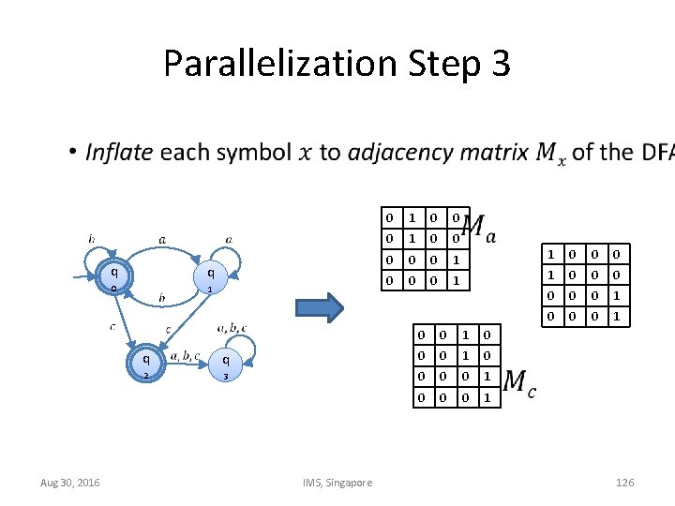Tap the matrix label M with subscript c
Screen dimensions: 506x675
click(x=519, y=382)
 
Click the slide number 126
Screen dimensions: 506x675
click(x=624, y=483)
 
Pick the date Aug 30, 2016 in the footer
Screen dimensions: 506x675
click(x=70, y=483)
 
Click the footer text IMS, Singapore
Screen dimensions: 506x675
click(x=337, y=483)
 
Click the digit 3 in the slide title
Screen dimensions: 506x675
click(x=499, y=64)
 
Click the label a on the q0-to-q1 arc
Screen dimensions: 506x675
click(x=162, y=240)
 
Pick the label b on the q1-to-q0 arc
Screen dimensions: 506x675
click(x=162, y=298)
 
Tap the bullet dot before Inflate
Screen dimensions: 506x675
click(x=72, y=152)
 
